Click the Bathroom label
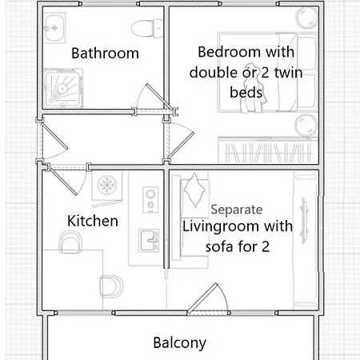105,53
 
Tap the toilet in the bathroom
146,28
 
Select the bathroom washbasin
54,28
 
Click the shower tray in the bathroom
63,88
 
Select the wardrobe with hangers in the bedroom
268,150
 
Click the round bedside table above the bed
306,18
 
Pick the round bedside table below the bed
306,126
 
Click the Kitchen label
93,221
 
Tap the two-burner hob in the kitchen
150,199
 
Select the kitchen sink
149,240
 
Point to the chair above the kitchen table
70,242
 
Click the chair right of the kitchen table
111,286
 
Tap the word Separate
237,210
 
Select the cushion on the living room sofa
194,190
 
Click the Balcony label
180,342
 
